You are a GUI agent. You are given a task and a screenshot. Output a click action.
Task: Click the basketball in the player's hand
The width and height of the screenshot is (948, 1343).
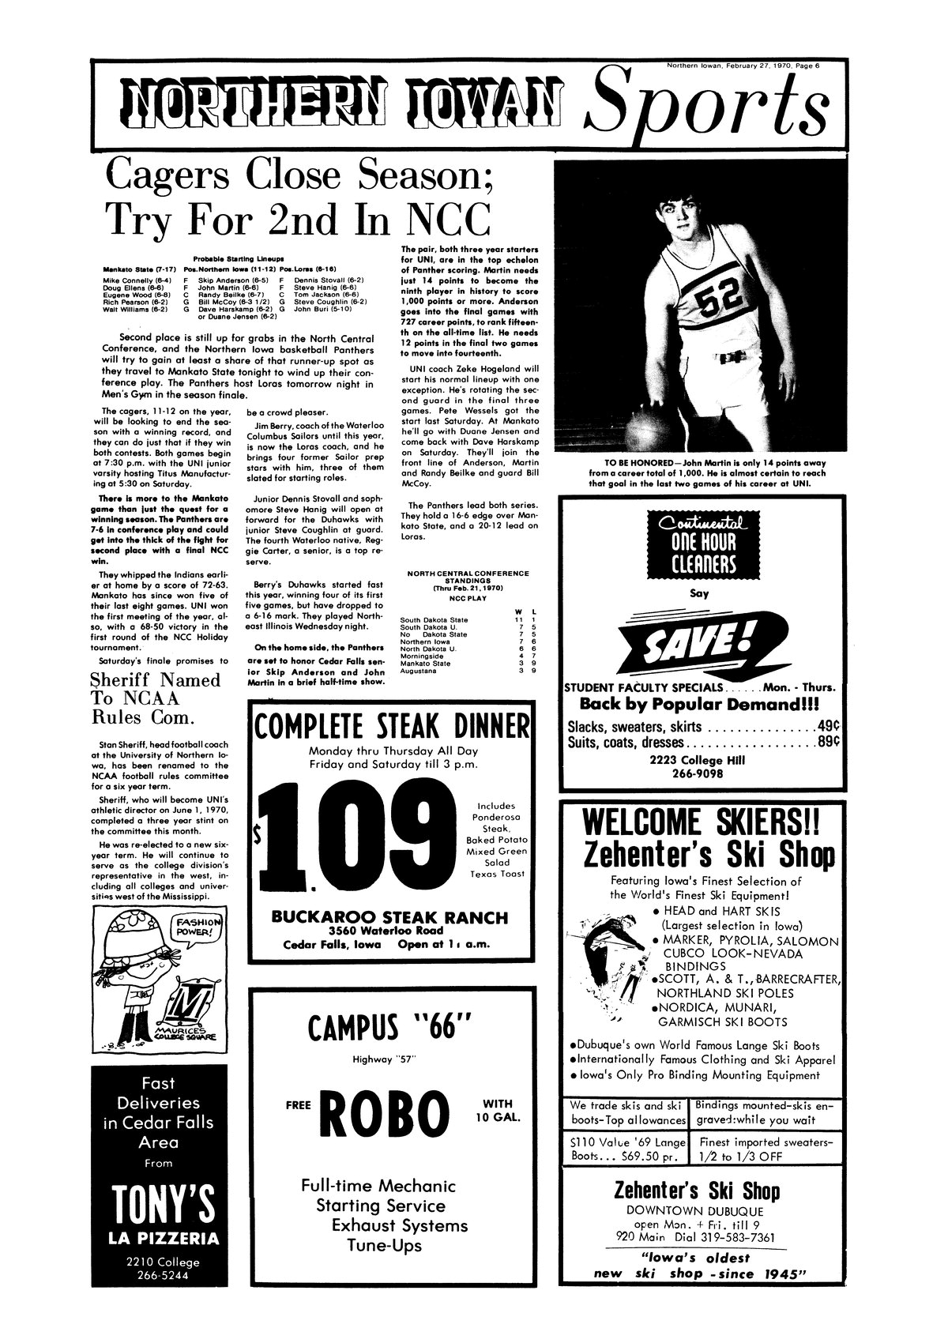649,427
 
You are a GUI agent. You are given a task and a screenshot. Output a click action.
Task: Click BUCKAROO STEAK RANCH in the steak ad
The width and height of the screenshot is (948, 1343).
389,917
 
